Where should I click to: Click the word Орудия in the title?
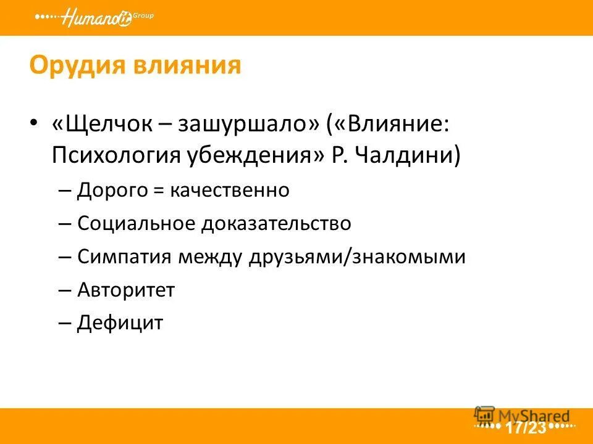point(70,65)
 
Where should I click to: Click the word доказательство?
point(275,223)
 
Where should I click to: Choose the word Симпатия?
point(125,257)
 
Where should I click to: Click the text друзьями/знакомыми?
point(357,257)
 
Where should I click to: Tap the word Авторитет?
point(126,289)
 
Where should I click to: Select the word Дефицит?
point(120,322)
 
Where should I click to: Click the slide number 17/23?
point(526,427)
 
